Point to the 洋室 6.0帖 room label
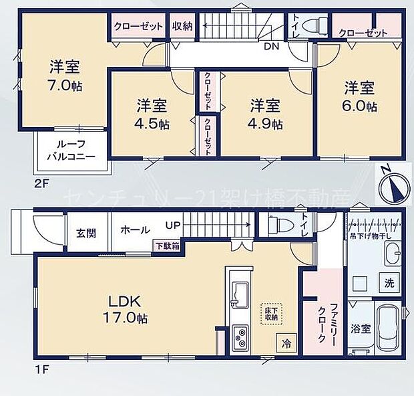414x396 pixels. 361,96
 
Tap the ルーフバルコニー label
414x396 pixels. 70,150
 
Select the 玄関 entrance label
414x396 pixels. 85,233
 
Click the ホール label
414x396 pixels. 135,229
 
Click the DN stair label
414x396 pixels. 271,47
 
